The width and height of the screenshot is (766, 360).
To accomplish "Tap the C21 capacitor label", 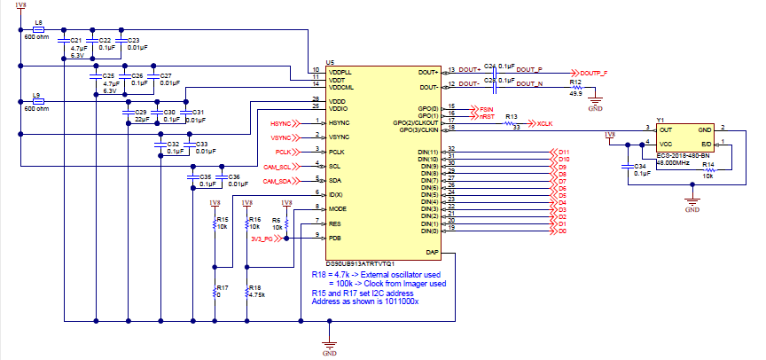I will pos(75,41).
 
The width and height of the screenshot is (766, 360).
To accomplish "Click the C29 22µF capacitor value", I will pos(140,119).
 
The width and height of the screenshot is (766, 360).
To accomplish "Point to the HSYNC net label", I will pos(281,122).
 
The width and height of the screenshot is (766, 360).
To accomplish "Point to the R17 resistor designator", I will pos(222,288).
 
